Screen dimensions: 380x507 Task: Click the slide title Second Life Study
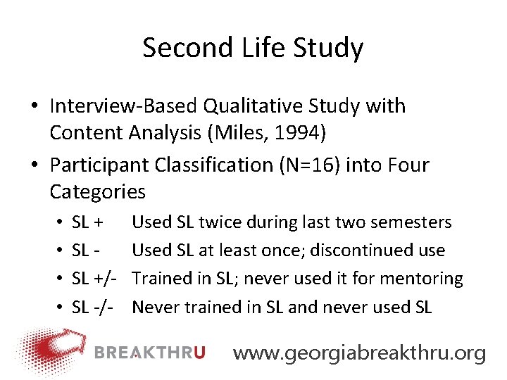pos(253,48)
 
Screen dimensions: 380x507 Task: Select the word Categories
pos(98,191)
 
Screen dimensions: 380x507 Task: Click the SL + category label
pos(88,222)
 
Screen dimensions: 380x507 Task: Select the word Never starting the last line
pos(154,307)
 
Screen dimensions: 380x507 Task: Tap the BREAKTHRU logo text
pos(149,352)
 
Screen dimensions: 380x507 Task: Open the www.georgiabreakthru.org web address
pos(359,353)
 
